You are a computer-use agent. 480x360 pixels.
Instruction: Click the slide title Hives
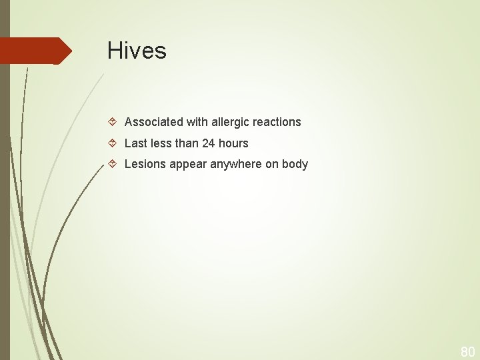[x=137, y=51]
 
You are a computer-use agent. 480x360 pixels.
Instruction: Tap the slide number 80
[x=467, y=351]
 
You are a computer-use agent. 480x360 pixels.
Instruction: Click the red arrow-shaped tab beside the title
[x=35, y=51]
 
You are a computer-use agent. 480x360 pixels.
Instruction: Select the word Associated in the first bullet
[x=153, y=122]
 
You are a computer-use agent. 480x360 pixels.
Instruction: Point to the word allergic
[x=229, y=122]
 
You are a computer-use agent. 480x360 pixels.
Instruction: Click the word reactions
[x=277, y=122]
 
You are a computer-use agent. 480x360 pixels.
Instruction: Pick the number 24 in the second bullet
[x=208, y=143]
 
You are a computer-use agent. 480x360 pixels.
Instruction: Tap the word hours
[x=233, y=143]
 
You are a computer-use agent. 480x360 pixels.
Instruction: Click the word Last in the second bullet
[x=135, y=143]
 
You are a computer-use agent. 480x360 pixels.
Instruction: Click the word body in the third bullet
[x=295, y=164]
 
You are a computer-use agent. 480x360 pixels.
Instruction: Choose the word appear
[x=189, y=165]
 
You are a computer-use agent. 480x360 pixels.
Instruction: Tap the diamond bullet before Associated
[x=113, y=122]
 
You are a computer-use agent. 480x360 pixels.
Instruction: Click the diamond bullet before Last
[x=113, y=143]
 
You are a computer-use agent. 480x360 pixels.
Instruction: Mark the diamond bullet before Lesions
[x=113, y=164]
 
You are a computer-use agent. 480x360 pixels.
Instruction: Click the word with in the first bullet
[x=195, y=122]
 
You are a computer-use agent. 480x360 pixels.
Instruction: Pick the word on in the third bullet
[x=272, y=164]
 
